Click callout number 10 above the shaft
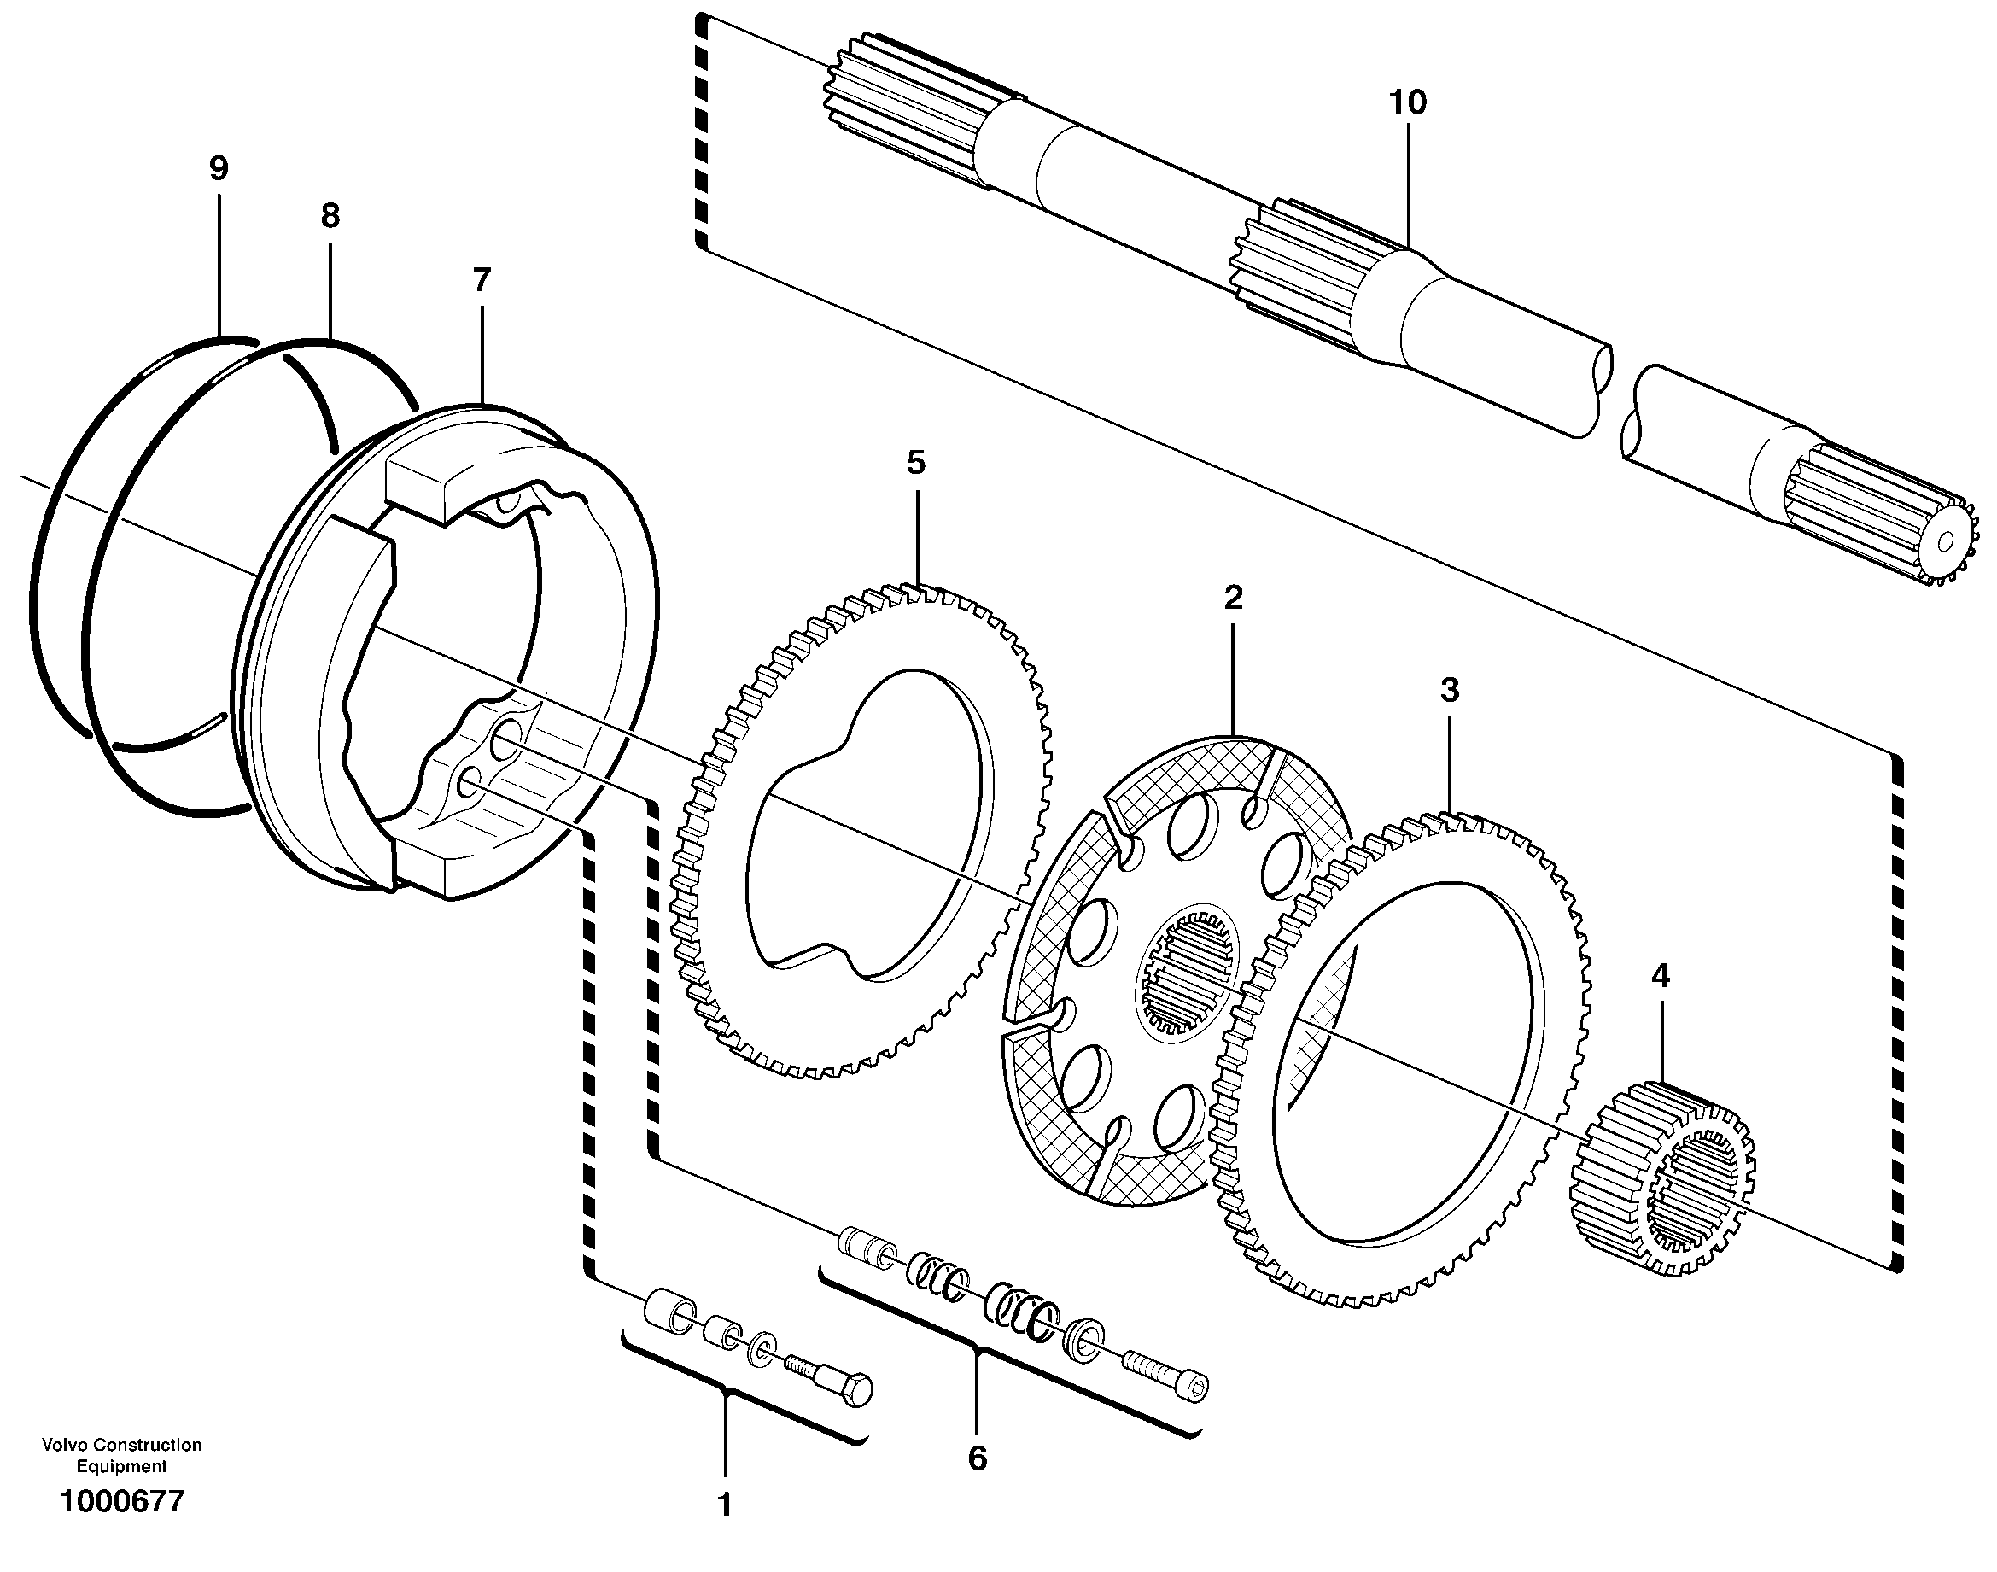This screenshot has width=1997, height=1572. click(x=1407, y=102)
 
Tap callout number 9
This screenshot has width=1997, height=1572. click(x=218, y=168)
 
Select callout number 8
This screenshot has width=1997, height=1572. click(x=330, y=216)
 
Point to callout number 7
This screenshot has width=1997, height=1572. click(x=482, y=279)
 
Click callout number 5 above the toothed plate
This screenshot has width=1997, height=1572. click(x=914, y=463)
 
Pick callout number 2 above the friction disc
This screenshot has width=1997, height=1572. click(x=1233, y=598)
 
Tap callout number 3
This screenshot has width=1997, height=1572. click(x=1450, y=689)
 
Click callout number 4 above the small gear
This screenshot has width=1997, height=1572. click(x=1659, y=976)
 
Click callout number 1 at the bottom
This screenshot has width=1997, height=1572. click(x=724, y=1505)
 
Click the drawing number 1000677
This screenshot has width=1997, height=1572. click(x=121, y=1501)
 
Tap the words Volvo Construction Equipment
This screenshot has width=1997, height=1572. click(x=121, y=1455)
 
